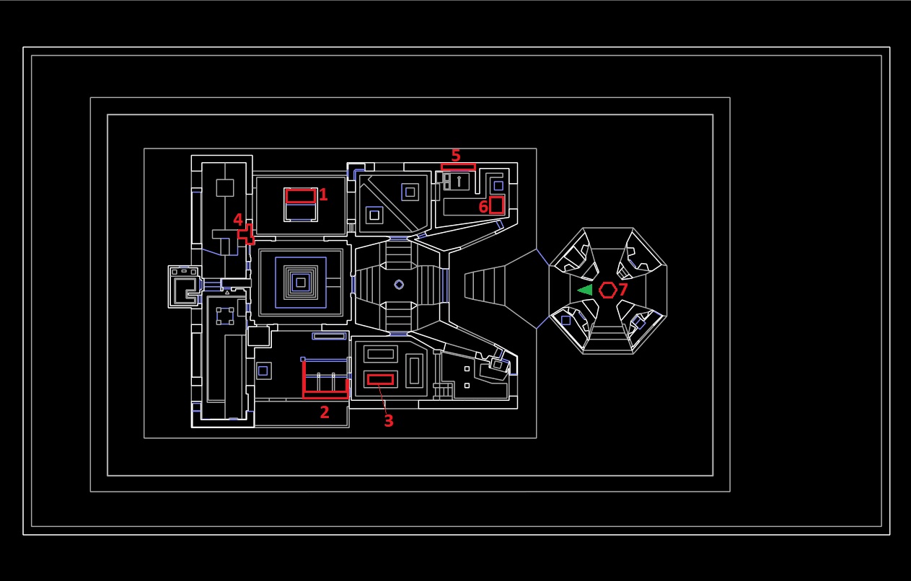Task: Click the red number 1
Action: (323, 195)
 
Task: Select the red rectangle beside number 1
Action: (301, 196)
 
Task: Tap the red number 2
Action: (324, 412)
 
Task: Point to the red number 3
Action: (388, 421)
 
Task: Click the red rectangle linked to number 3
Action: (380, 380)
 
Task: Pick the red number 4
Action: (238, 220)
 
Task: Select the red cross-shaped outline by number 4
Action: (247, 234)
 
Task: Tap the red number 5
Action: (456, 155)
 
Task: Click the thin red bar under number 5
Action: (458, 167)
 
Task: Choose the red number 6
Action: (483, 207)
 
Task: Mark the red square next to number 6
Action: (496, 205)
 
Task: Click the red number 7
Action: (622, 289)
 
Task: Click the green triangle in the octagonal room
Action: (585, 290)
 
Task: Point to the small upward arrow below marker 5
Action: (459, 181)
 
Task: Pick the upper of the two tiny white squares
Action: (467, 369)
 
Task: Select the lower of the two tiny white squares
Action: (467, 386)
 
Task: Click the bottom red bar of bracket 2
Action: (325, 395)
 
